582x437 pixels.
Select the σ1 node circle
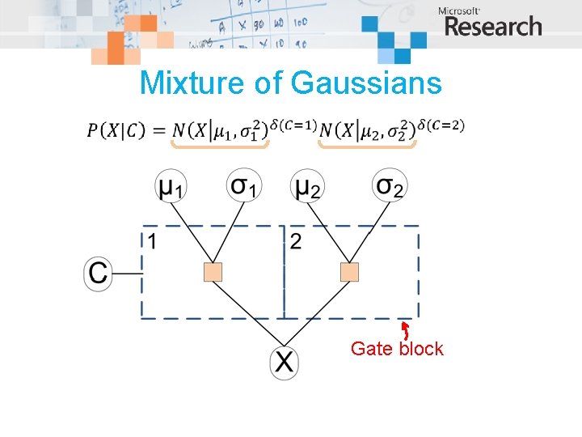[x=243, y=187]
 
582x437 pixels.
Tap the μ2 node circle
[x=306, y=188]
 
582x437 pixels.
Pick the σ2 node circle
[x=390, y=187]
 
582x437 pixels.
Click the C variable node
[x=98, y=273]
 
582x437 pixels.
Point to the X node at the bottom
[x=284, y=362]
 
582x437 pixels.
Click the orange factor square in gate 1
[x=213, y=273]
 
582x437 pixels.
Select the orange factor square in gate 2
[x=349, y=273]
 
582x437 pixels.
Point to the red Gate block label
[x=397, y=349]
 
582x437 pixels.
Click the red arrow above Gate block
[x=405, y=329]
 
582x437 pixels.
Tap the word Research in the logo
[x=493, y=27]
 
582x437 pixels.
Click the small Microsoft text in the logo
[x=459, y=11]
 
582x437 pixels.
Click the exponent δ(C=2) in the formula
[x=441, y=124]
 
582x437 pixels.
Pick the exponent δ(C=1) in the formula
[x=292, y=124]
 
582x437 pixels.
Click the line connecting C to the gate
[x=127, y=274]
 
